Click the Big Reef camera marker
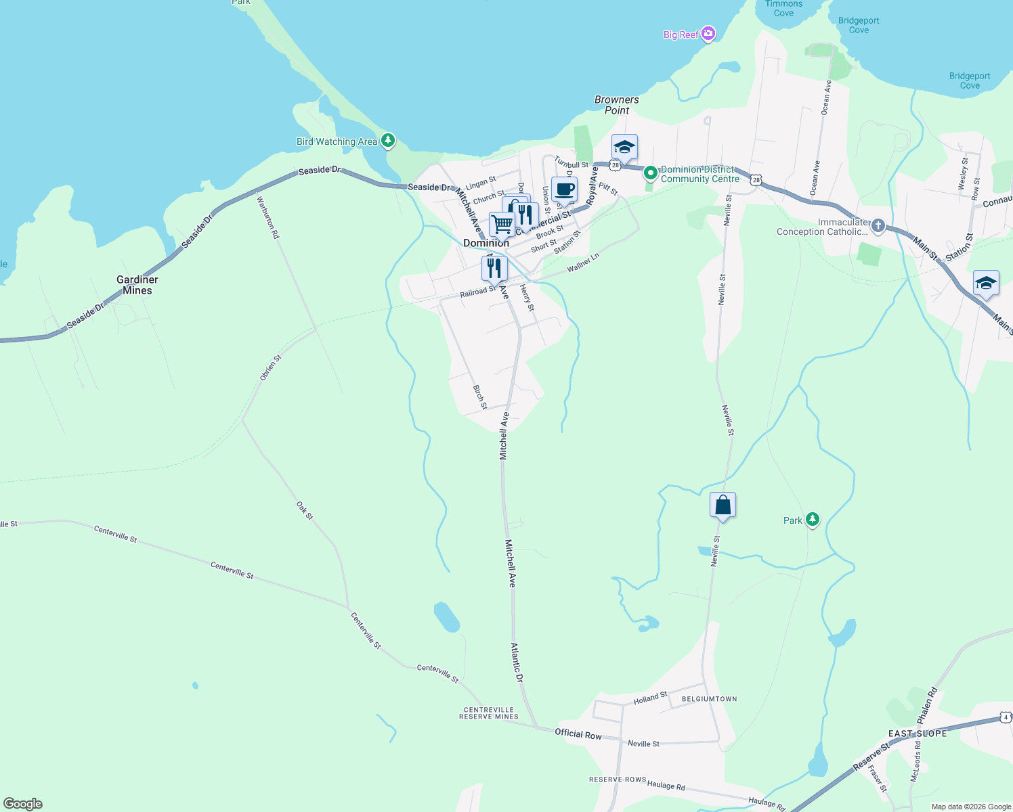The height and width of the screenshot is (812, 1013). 708,34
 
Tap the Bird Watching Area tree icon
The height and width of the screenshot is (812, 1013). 388,141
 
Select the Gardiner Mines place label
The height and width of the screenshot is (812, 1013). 137,285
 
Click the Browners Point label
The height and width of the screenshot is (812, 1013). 616,105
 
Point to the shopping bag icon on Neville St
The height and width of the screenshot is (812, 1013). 723,505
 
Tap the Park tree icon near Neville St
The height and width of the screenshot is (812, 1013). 813,520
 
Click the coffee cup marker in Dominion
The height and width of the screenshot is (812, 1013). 564,189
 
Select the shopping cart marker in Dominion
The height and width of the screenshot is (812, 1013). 502,223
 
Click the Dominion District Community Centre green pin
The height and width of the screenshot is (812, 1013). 650,173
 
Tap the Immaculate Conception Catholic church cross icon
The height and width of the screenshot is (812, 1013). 878,226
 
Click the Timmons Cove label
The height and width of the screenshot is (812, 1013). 783,8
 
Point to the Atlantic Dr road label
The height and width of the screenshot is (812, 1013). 517,662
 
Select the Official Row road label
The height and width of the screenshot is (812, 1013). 578,734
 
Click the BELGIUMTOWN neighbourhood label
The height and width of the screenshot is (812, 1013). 709,699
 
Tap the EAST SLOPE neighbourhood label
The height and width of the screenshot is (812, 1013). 918,734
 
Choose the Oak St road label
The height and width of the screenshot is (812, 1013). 305,511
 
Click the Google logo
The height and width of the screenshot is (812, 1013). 23,804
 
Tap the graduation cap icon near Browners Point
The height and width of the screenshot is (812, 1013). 624,147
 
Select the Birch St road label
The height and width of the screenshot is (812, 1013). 479,397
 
